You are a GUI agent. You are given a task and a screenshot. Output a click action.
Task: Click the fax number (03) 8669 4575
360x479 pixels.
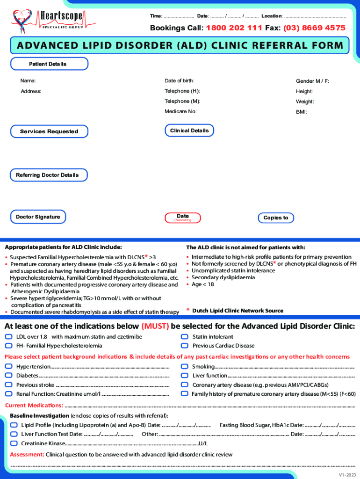tap(314, 28)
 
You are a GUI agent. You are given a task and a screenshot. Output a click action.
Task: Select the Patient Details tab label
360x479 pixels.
tap(48, 64)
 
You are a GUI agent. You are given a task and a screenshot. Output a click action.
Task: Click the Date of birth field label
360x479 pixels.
tap(179, 81)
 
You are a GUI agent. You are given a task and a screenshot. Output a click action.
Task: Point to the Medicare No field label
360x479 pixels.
tap(180, 111)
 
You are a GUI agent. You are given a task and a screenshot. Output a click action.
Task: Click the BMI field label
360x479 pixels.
tap(301, 112)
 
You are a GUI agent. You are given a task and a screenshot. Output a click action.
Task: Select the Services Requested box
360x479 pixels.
tap(49, 131)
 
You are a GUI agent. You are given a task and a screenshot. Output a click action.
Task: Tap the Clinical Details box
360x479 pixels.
tap(189, 131)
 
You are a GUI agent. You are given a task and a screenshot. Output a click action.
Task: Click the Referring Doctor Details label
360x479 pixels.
tap(48, 175)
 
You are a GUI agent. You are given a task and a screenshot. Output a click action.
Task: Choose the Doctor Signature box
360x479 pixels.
tap(38, 217)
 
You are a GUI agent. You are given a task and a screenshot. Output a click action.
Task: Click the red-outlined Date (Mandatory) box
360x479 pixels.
tap(183, 218)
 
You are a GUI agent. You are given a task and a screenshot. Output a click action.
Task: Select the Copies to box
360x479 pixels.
tap(276, 218)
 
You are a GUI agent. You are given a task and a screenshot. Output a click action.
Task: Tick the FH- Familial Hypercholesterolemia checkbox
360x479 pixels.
tap(8, 346)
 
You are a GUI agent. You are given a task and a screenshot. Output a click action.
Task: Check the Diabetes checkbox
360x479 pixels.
tap(8, 376)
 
